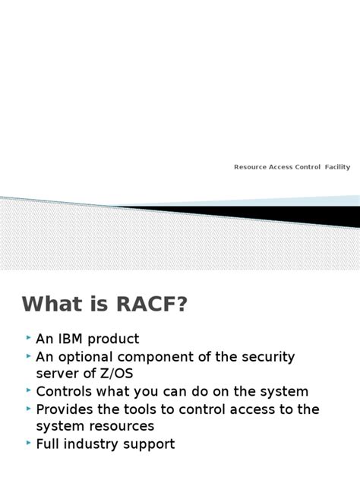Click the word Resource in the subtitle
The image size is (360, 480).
click(x=251, y=167)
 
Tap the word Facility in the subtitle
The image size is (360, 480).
click(x=338, y=167)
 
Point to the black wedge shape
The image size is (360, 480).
click(x=304, y=216)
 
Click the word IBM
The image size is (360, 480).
click(x=74, y=339)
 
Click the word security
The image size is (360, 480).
click(x=266, y=356)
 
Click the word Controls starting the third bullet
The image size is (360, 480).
click(x=64, y=392)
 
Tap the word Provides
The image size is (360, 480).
click(x=65, y=409)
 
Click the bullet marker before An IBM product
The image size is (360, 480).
click(x=28, y=337)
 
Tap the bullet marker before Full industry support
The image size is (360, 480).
click(x=28, y=443)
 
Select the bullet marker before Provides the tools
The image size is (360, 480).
click(x=28, y=408)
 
